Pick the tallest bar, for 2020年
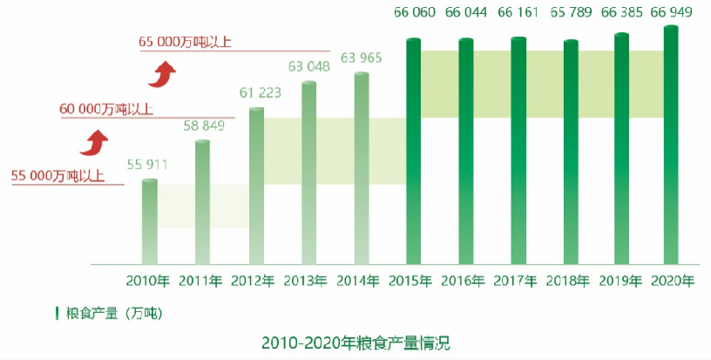672,144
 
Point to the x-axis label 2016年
466,281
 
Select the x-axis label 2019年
621,281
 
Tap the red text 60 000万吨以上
106,110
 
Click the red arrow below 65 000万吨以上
158,75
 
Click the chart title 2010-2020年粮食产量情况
355,342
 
